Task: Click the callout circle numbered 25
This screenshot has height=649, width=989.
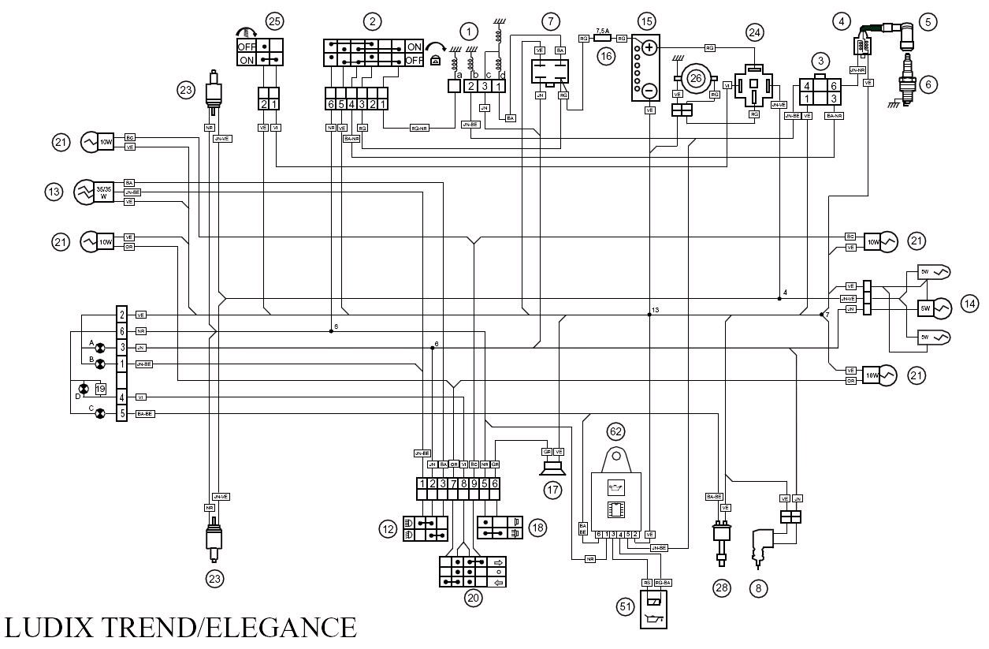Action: tap(273, 21)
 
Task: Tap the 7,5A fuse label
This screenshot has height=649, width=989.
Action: tap(603, 28)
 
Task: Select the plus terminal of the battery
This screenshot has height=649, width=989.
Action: tap(649, 48)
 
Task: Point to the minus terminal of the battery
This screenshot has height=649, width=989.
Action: tap(649, 91)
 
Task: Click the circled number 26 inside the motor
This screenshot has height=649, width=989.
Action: tap(696, 77)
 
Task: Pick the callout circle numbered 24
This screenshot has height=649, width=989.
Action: tap(755, 32)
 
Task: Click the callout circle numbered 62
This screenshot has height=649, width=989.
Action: tap(615, 431)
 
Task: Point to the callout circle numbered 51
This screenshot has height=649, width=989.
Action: tap(625, 606)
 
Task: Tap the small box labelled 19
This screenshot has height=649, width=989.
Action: tap(100, 388)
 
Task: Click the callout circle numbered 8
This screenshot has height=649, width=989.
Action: tap(758, 587)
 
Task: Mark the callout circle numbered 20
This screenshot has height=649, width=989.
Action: tap(473, 598)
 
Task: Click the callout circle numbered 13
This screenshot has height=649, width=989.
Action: tap(54, 192)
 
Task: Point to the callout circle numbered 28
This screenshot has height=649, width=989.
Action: tap(721, 587)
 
